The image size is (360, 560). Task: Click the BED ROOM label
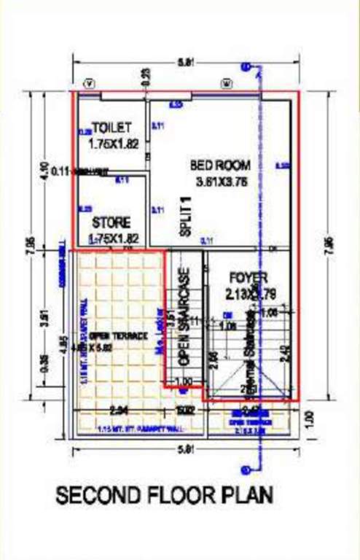(x=220, y=165)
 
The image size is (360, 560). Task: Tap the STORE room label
(x=111, y=222)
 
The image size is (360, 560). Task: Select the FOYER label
(x=249, y=278)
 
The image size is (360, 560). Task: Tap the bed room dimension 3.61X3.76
(x=222, y=182)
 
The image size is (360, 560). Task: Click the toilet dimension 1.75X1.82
(x=112, y=144)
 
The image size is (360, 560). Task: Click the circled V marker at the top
(x=90, y=85)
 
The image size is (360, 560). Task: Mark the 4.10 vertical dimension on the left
(x=44, y=170)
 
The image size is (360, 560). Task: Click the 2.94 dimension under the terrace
(x=119, y=409)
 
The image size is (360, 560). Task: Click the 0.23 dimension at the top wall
(x=145, y=75)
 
